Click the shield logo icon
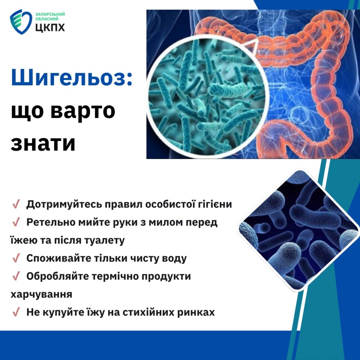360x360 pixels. point(21,22)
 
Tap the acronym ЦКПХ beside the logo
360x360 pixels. point(50,27)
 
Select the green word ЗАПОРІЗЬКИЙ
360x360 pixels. point(50,14)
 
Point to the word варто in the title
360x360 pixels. point(83,111)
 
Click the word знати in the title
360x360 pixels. point(43,144)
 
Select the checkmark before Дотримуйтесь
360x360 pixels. point(16,204)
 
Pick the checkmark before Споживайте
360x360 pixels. point(16,258)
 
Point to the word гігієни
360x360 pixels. point(215,204)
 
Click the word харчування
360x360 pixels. point(41,294)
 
